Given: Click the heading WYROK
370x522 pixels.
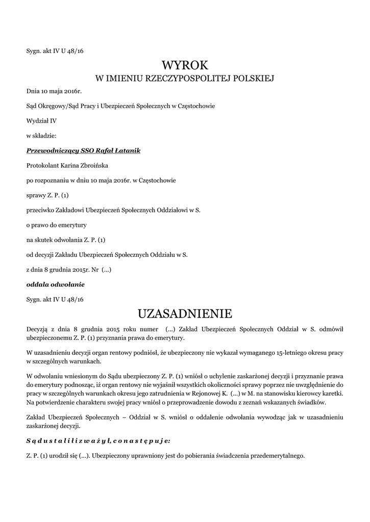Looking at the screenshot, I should point(185,65).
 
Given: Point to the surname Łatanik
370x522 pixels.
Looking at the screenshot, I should point(128,151).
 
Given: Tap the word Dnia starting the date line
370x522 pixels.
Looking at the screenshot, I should point(33,92).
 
